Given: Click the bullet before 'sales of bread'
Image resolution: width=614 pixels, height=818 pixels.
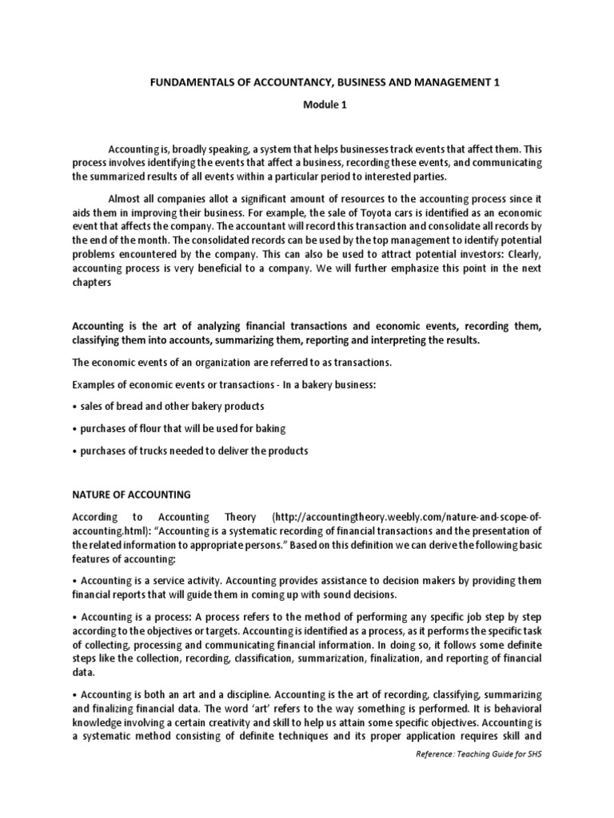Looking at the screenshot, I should pyautogui.click(x=74, y=407).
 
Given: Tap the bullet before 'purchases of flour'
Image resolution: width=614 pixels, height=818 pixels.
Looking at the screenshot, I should pyautogui.click(x=74, y=429).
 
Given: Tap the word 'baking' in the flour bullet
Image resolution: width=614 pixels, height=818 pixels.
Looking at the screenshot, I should pyautogui.click(x=270, y=429).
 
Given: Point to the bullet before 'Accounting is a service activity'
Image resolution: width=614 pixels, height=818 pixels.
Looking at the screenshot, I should pyautogui.click(x=74, y=580).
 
